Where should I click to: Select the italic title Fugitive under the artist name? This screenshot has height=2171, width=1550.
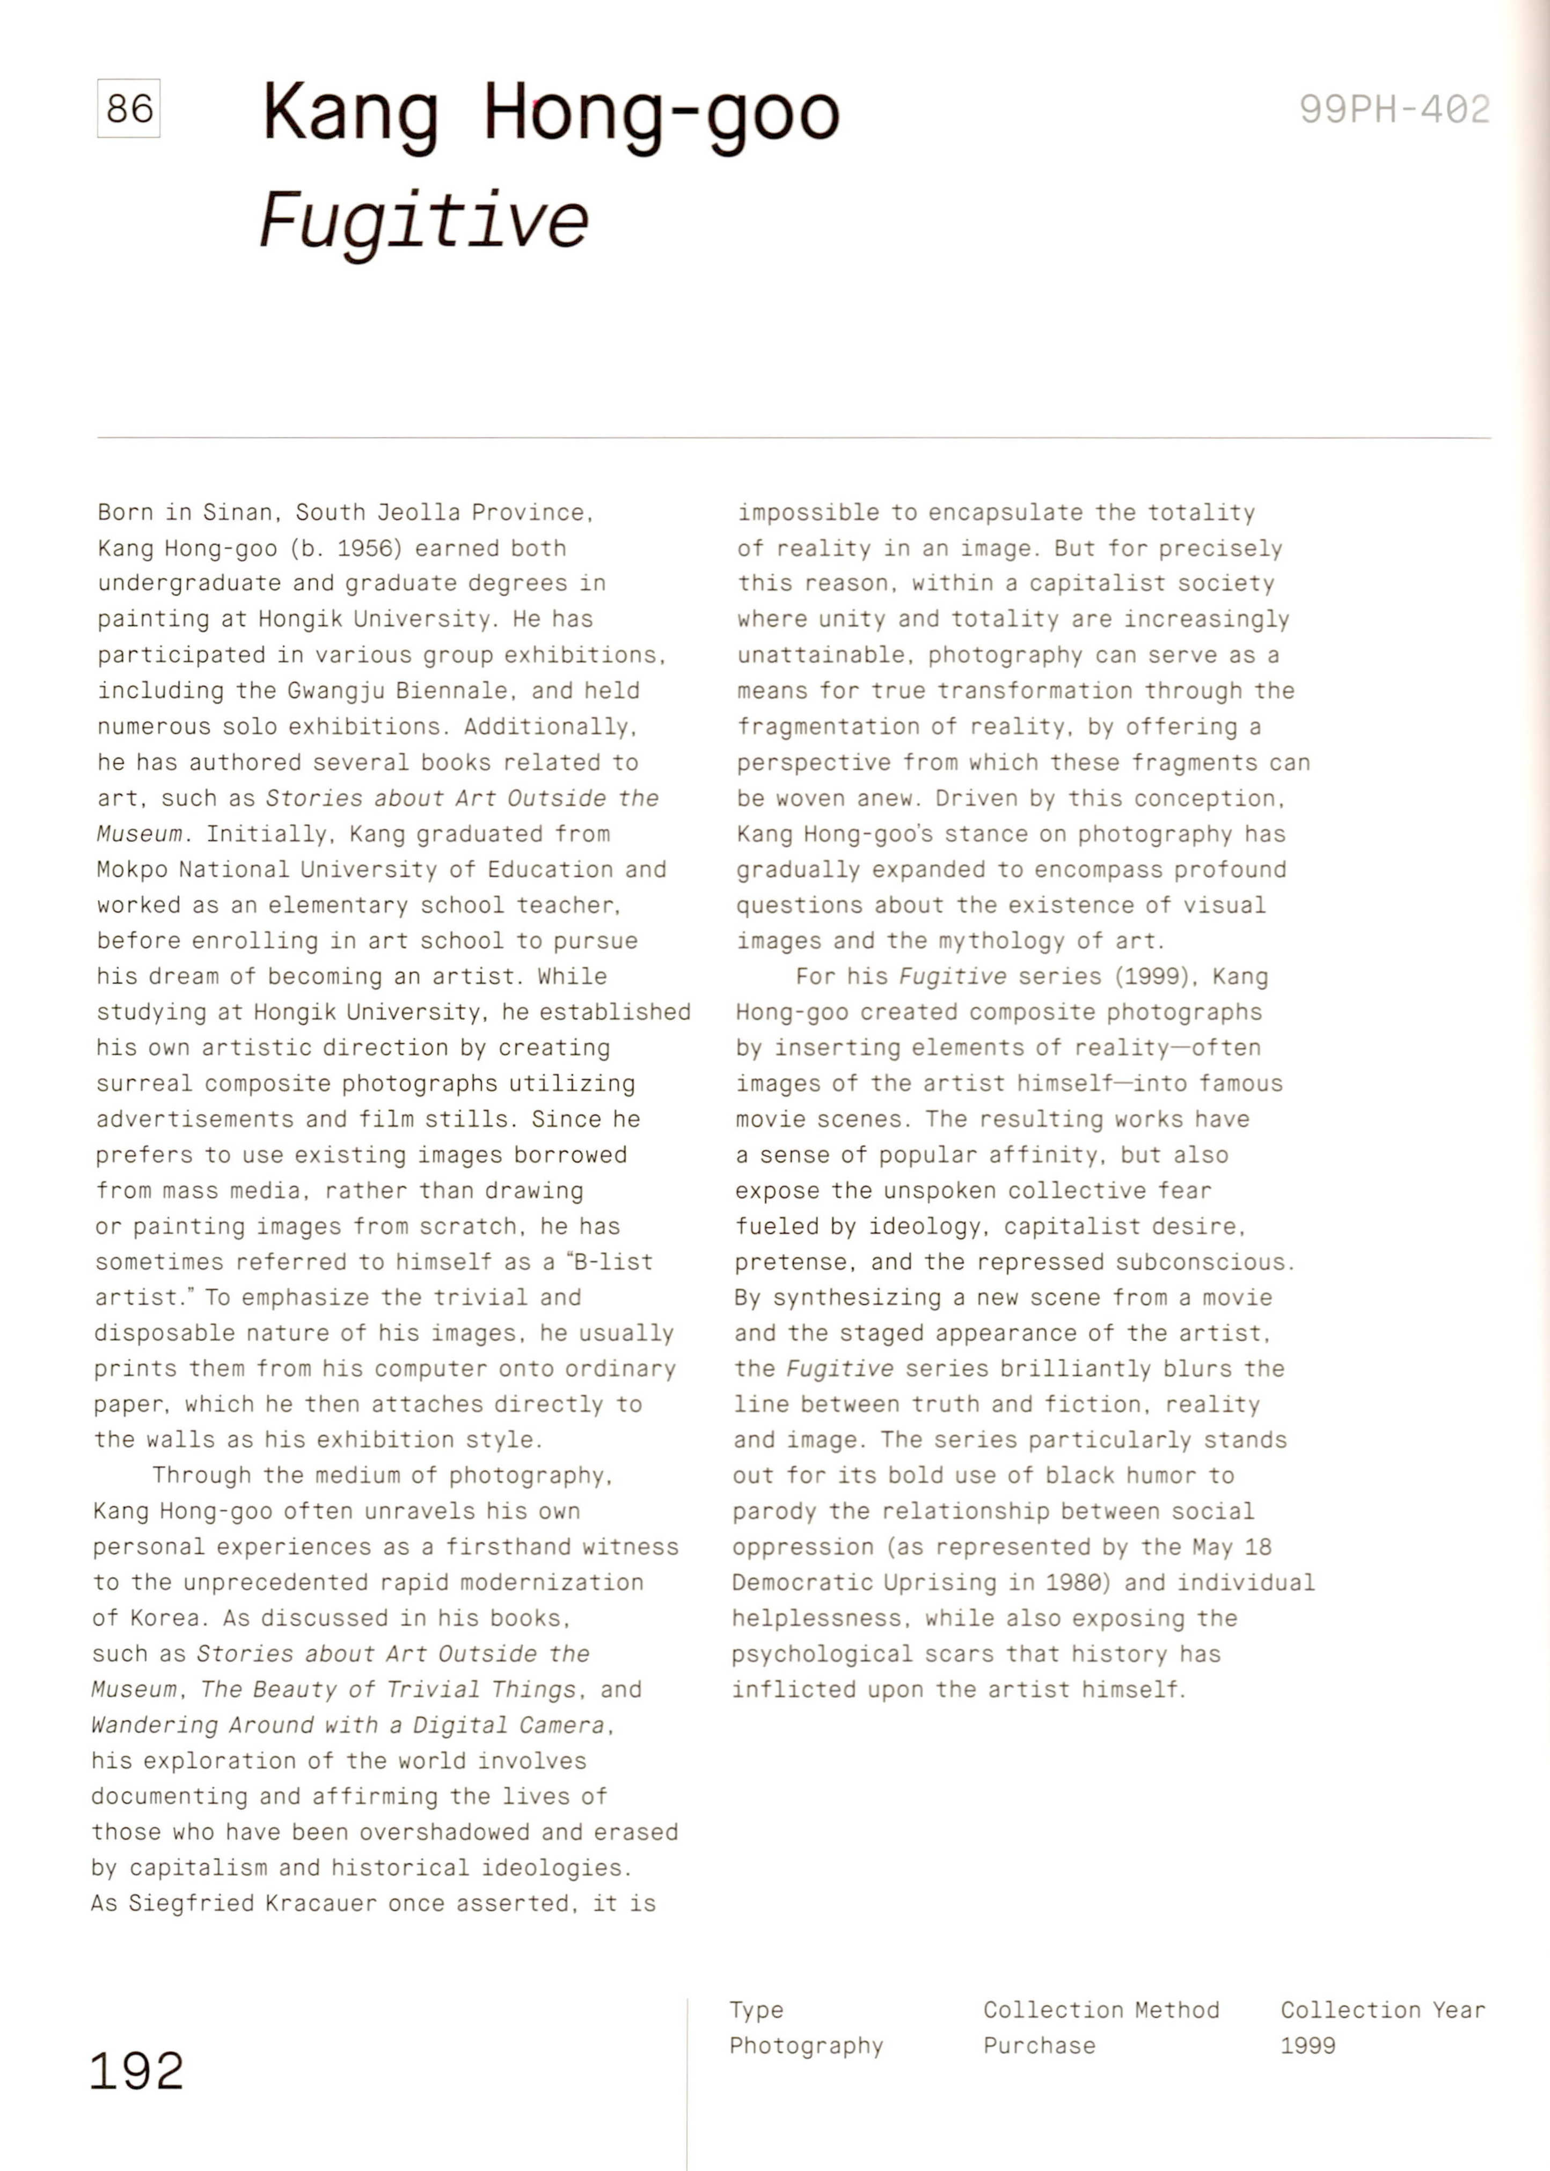coord(424,221)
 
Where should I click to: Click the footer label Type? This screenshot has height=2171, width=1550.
coord(756,2010)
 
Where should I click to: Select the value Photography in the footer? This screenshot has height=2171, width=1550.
coord(806,2045)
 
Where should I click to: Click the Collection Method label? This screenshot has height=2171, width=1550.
coord(1100,2010)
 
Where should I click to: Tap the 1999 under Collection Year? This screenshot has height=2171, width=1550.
coord(1307,2045)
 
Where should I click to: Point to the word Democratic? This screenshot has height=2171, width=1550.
coord(802,1582)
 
